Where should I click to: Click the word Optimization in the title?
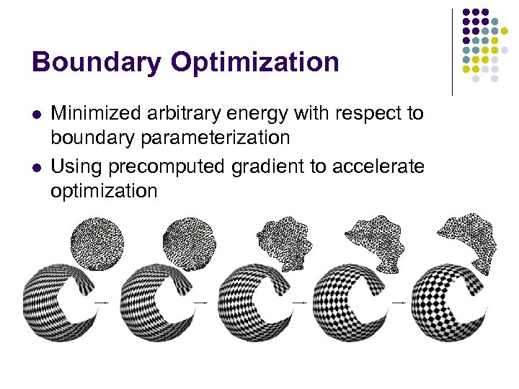255,63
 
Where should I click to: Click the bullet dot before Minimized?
37,114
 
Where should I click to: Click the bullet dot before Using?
37,168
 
